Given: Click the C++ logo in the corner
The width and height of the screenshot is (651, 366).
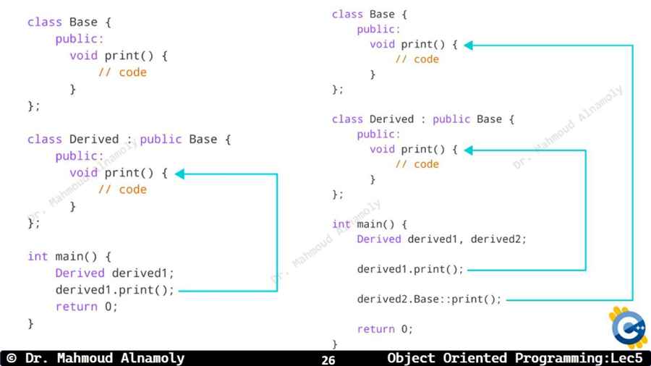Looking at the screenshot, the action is tap(629, 328).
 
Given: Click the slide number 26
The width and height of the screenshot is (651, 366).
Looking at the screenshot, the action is tap(328, 359).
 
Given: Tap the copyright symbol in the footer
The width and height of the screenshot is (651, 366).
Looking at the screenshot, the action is tap(12, 358).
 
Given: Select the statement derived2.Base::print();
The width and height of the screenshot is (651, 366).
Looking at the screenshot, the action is tap(429, 299).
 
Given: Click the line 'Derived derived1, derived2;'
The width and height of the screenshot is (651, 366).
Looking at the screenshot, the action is tap(441, 239).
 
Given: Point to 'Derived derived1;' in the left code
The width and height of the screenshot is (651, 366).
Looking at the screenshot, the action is tap(114, 273).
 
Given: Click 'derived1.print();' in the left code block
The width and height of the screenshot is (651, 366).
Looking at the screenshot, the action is tap(114, 289).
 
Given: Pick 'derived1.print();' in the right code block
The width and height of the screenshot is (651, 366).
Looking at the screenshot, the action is tap(410, 269).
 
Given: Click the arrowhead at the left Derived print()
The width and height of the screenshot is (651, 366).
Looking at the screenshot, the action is tap(180, 174).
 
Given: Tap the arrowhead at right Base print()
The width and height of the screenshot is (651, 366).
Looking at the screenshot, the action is tap(468, 46).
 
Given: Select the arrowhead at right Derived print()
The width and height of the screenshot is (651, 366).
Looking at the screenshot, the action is tap(468, 150).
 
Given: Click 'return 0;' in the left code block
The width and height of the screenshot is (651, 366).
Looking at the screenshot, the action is tap(86, 307).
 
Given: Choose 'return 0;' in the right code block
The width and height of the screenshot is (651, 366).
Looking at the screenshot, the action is tap(385, 329).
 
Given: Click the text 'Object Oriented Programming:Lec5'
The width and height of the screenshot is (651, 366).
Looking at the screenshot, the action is tap(515, 358).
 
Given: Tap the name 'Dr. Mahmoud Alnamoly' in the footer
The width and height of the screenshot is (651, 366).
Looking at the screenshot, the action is tap(105, 358).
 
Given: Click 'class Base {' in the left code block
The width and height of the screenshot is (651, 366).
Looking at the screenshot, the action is tap(69, 22).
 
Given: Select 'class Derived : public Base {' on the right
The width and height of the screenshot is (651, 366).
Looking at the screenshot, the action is tap(423, 119).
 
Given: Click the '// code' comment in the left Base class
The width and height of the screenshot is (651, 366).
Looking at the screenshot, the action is tap(122, 72).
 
